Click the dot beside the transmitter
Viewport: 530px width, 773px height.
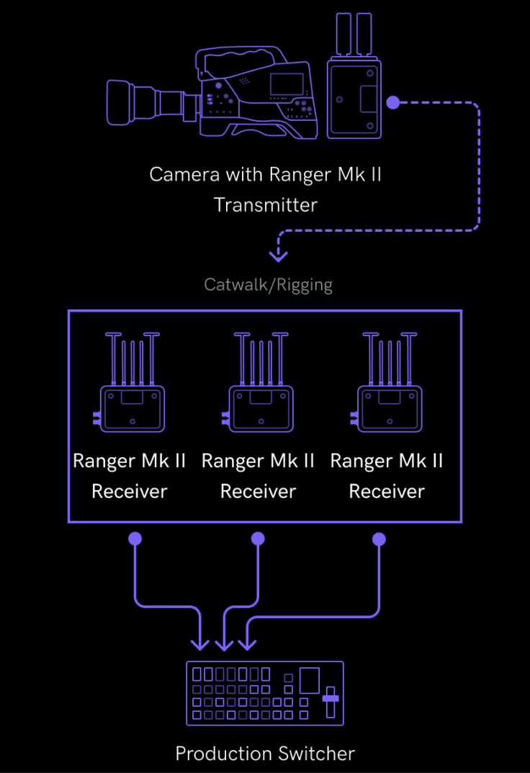[392, 102]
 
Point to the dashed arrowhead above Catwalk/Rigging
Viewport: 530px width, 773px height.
[278, 256]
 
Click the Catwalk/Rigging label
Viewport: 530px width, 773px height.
[268, 284]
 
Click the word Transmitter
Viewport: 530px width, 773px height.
[266, 204]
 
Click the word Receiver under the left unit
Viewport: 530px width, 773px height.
[130, 492]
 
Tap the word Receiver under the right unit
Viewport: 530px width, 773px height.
[387, 492]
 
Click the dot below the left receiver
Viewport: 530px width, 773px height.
[135, 538]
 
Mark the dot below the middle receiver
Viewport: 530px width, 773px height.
[258, 538]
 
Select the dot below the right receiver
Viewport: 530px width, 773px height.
[379, 539]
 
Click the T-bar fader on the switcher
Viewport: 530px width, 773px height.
[331, 697]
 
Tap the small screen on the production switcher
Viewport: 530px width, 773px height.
[309, 680]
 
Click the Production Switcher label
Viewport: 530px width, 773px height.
[265, 754]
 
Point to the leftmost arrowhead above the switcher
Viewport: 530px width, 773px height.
[200, 643]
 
